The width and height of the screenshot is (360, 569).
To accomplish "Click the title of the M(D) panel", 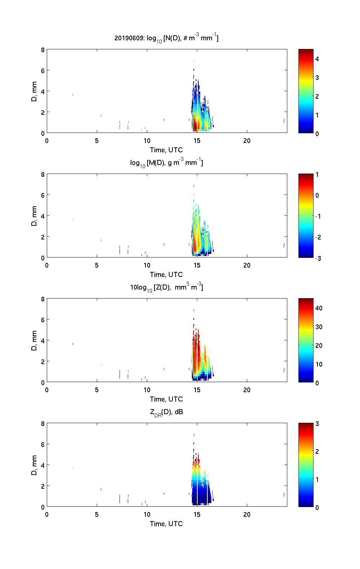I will tap(166, 163).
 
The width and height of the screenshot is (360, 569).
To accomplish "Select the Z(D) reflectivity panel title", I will tap(166, 288).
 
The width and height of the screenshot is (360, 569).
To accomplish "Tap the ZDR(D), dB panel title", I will tap(166, 412).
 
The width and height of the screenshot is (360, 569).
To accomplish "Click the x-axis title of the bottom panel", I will tap(166, 524).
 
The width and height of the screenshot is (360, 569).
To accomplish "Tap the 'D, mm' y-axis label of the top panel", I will tap(34, 91).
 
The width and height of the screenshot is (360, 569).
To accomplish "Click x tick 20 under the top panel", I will tap(247, 140).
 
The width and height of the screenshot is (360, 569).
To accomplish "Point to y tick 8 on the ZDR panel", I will tap(42, 424).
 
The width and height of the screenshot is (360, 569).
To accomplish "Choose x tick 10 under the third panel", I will tap(147, 390).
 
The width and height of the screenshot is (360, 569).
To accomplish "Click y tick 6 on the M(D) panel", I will tap(42, 195).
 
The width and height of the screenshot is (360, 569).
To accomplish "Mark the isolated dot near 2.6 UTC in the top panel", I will tap(73, 95).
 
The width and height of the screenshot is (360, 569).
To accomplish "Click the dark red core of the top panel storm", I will tap(195, 126).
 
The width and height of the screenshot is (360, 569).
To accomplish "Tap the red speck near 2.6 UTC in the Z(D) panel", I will tap(73, 344).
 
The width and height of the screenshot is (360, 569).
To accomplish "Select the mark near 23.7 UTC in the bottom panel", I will tap(284, 494).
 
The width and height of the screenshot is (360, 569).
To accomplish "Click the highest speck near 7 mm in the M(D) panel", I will tap(194, 186).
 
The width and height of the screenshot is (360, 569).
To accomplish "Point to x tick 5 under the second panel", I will tap(97, 265).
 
